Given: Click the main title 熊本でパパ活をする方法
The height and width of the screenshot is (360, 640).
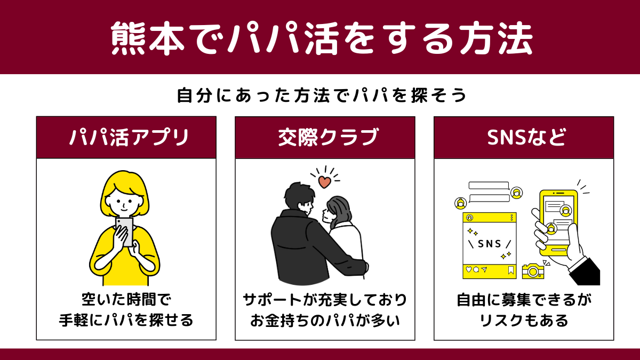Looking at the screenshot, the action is tap(322, 38).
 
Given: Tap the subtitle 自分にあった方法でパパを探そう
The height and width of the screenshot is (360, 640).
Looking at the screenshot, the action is tap(322, 95).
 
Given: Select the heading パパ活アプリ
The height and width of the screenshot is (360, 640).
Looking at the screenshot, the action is tap(129, 138).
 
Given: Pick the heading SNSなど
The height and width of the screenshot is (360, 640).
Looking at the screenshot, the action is tap(526, 138).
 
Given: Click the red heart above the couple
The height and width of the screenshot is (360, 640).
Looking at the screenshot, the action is tap(325, 182).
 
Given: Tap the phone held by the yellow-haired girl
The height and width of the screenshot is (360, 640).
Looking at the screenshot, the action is tap(124, 232).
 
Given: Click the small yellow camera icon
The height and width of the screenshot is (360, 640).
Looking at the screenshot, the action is tap(533, 271).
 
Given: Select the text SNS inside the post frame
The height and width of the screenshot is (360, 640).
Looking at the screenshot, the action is tap(489, 244).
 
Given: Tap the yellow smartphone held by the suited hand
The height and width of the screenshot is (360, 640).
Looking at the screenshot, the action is tap(558, 223).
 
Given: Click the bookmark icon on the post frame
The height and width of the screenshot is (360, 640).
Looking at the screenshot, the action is tap(511, 270).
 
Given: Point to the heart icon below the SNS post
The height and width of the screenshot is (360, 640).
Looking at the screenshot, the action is tap(469, 269).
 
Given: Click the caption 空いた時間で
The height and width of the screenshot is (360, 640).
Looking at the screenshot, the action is tap(126, 300).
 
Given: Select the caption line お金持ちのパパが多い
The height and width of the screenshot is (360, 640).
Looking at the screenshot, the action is tap(325, 321).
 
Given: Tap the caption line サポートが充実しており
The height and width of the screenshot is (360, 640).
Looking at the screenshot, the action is tap(325, 300).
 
